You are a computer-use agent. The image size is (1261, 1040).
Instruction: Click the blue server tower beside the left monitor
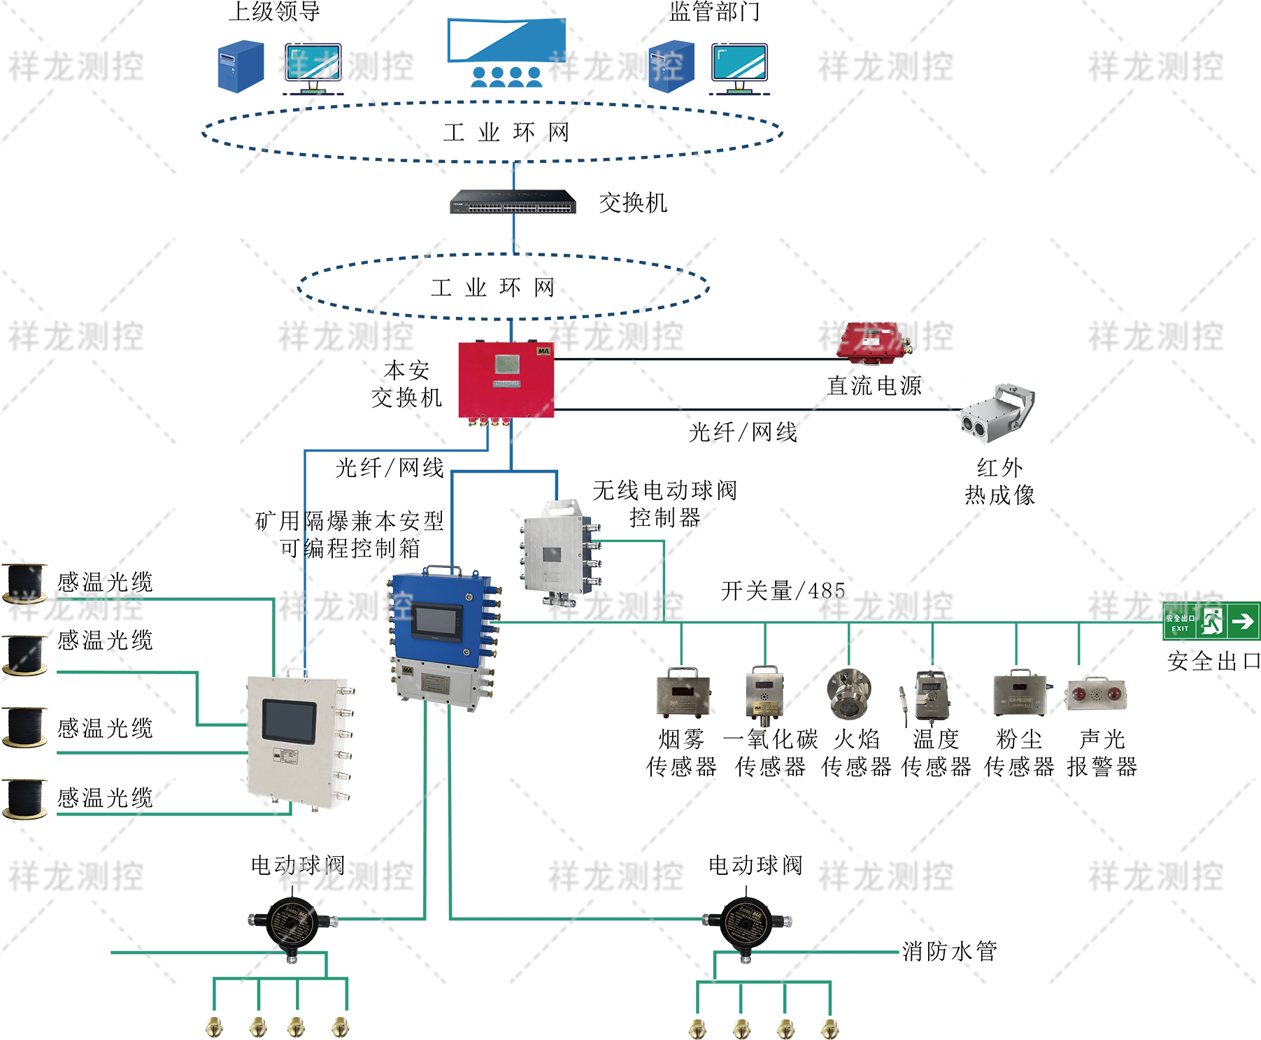click(241, 66)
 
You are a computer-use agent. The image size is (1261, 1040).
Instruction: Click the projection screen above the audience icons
click(506, 40)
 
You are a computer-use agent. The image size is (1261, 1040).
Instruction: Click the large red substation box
click(506, 380)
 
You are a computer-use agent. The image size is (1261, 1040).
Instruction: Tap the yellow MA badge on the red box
click(543, 350)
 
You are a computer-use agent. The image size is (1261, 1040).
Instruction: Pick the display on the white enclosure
click(289, 721)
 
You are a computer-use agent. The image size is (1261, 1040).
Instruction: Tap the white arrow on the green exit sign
click(1243, 621)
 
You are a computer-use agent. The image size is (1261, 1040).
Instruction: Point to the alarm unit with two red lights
click(1096, 694)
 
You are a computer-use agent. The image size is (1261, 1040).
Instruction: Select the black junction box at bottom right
click(746, 920)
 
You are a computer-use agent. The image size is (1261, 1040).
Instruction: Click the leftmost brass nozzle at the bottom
click(214, 1027)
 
